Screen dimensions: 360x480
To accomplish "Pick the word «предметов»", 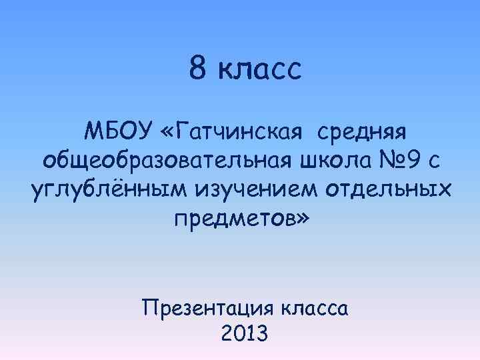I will [x=232, y=219].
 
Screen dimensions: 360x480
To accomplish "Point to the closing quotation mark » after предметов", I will [x=302, y=220].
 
